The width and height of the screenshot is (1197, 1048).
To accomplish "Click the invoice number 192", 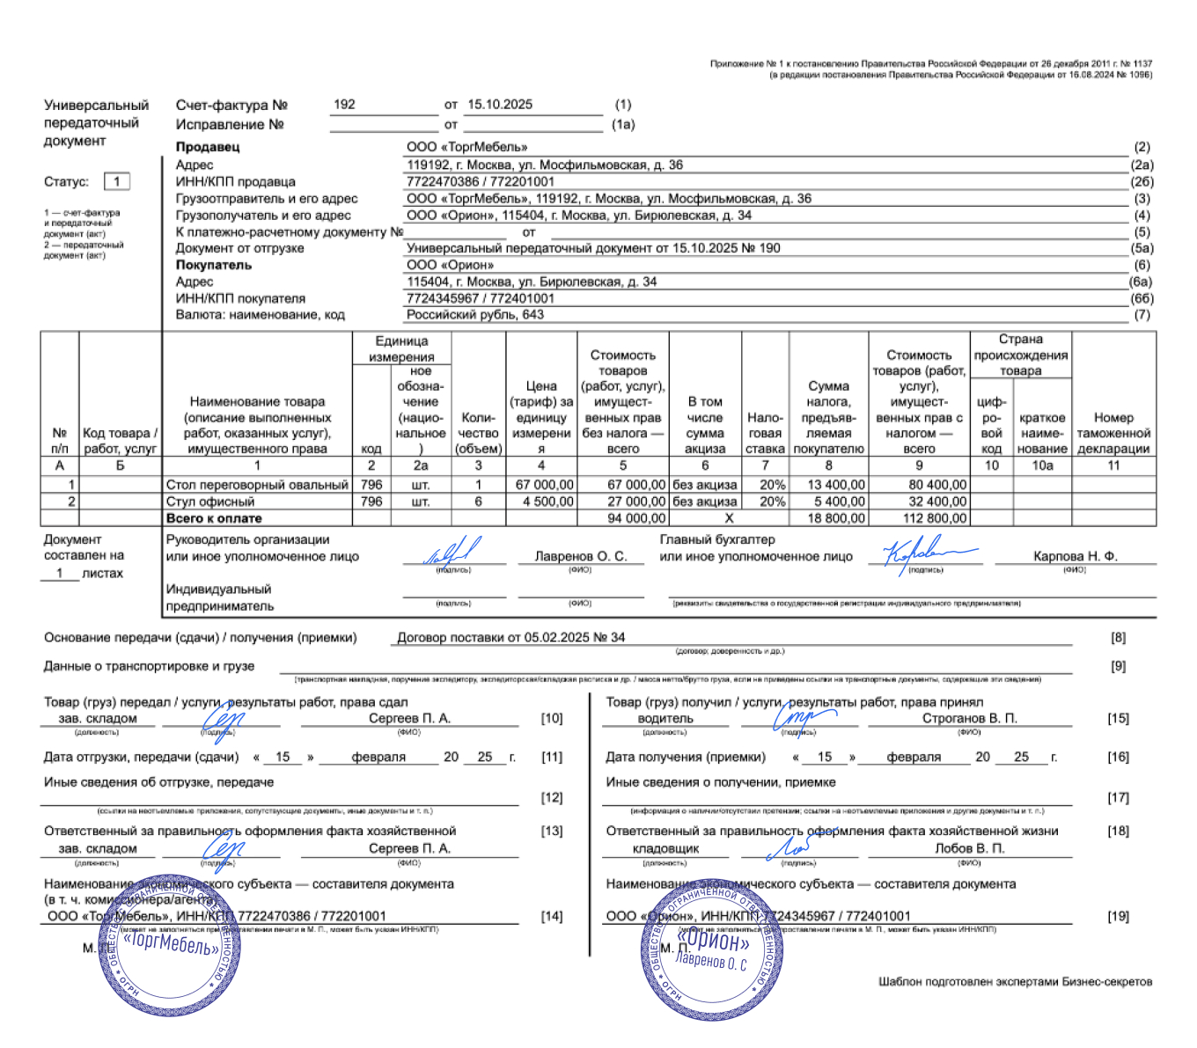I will click(344, 105).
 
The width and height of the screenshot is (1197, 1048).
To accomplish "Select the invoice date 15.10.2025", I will click(500, 105).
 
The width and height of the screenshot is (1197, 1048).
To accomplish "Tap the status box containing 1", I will click(117, 181).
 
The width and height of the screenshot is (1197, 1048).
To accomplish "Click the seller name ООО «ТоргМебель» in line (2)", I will click(466, 147).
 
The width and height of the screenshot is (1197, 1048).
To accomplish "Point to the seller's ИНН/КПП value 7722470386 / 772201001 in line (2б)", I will click(481, 181).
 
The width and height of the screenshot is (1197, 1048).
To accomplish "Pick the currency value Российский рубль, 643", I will click(475, 314).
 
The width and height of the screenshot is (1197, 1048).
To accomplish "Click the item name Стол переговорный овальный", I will click(257, 485).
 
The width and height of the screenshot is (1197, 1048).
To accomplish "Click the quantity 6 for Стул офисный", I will click(479, 502).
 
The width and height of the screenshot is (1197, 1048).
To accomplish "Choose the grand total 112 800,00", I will click(935, 518).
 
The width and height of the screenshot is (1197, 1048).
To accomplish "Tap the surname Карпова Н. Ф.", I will click(1075, 556).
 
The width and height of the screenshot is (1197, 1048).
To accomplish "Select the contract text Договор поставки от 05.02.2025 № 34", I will click(511, 637).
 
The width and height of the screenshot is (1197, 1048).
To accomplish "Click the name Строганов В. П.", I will click(969, 718).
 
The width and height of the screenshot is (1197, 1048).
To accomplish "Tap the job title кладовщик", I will click(665, 848).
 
